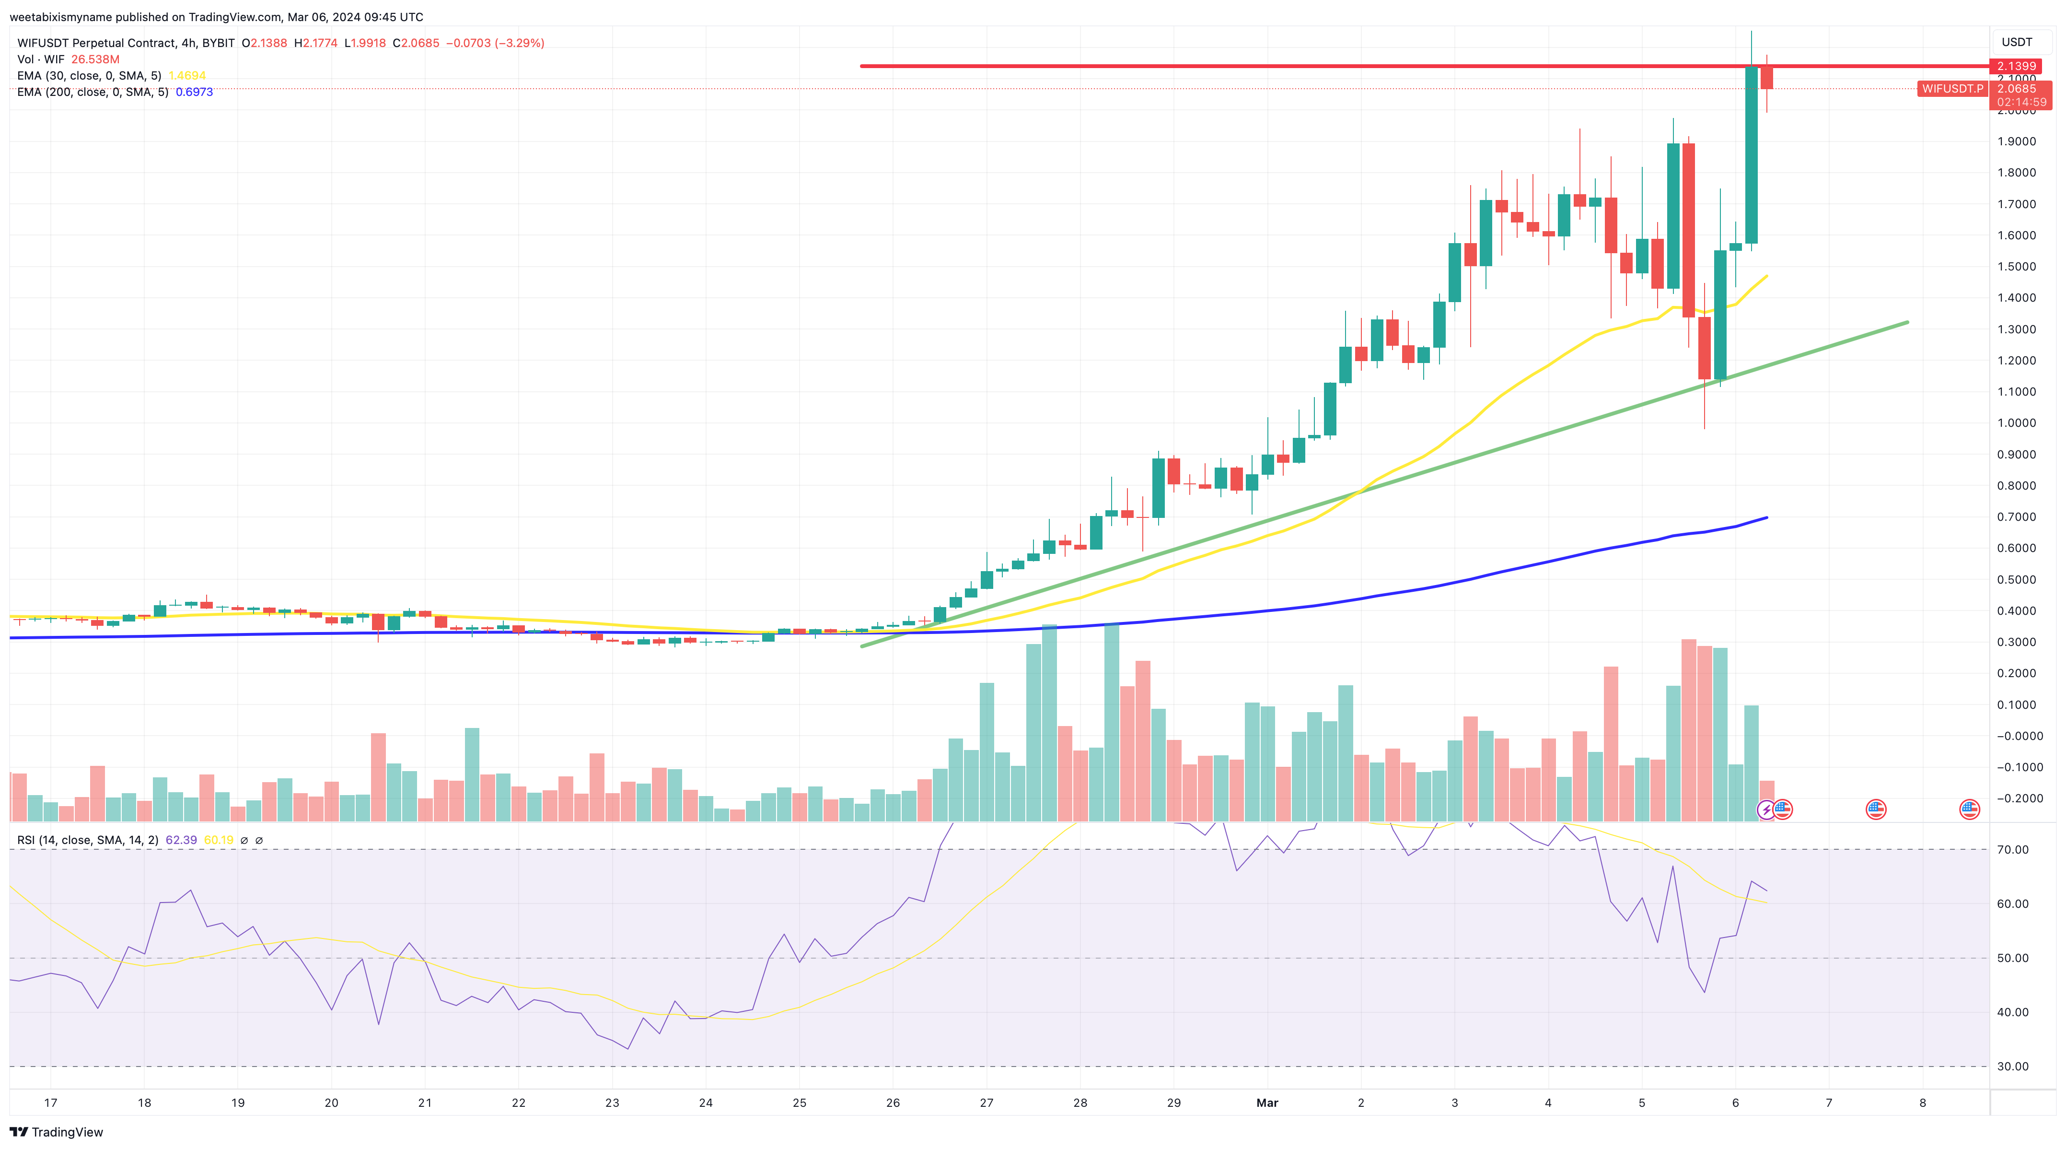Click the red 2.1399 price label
(2016, 66)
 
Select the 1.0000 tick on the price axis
(2016, 423)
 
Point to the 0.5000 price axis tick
(2016, 579)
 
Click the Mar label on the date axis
(1267, 1102)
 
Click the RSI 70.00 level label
(2012, 850)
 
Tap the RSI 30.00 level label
(2012, 1067)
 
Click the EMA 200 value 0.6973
(194, 92)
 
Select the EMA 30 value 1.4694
(187, 75)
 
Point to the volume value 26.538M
(95, 59)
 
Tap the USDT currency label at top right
(2016, 42)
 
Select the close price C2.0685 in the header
(416, 43)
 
